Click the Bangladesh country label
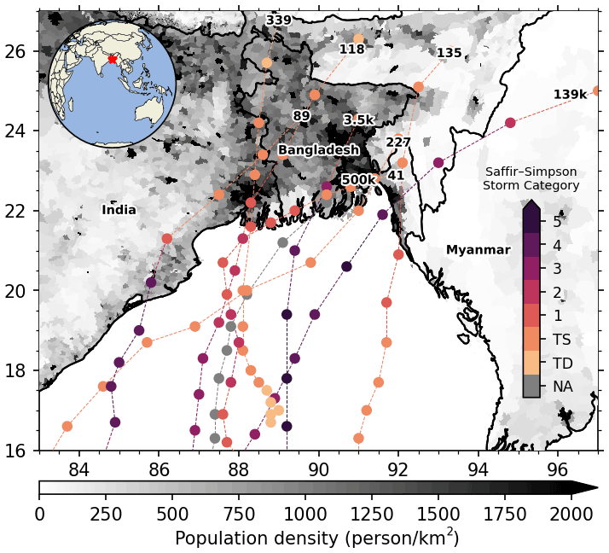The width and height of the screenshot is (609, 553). [318, 150]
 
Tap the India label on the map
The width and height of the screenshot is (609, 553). [119, 210]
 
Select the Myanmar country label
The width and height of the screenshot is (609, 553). [478, 250]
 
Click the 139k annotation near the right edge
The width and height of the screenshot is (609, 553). [570, 95]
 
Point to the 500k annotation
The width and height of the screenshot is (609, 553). [358, 180]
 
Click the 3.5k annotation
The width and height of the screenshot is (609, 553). [358, 120]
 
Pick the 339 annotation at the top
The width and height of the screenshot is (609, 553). [278, 20]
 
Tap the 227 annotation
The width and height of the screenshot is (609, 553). [398, 143]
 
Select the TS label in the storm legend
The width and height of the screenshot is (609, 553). [561, 340]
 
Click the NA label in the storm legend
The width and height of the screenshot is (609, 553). [562, 387]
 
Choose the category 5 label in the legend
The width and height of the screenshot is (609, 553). [556, 222]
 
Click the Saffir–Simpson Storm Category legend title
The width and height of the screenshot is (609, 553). [531, 178]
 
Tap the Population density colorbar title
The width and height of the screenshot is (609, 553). [316, 538]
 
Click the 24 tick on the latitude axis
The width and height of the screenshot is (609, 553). [22, 131]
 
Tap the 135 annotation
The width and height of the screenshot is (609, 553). [449, 53]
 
